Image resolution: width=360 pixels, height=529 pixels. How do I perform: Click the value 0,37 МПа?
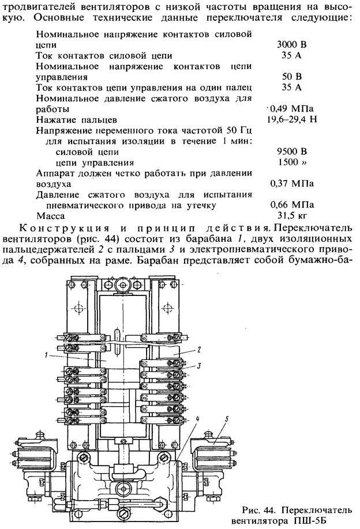coord(292,184)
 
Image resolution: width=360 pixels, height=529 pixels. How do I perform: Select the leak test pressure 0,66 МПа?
coord(292,205)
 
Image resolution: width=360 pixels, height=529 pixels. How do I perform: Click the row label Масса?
coord(50,216)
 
